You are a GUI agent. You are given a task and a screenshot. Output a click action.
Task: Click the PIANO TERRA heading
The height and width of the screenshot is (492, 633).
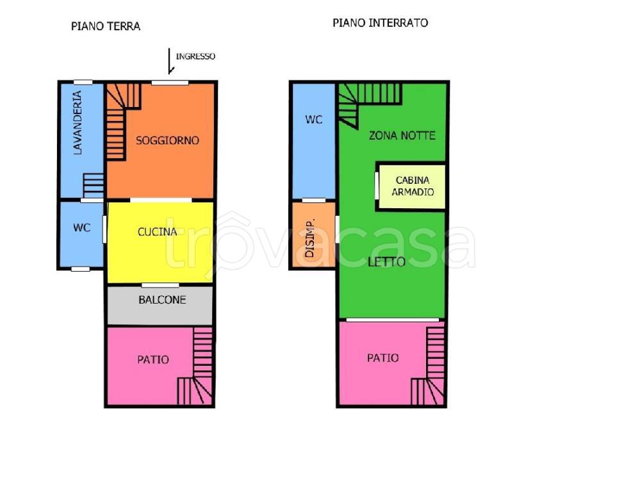(106, 26)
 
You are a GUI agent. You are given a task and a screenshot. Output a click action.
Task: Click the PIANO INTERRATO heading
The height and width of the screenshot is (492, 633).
(381, 23)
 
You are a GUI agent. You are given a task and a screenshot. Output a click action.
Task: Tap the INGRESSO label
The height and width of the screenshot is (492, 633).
(195, 56)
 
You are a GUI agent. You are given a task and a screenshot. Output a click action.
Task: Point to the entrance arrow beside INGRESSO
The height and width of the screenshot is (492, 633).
(170, 61)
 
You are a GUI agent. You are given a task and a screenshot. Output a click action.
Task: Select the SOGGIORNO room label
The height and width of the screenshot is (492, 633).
(167, 140)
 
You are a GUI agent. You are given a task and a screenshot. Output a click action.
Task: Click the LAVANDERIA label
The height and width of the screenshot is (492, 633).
(77, 123)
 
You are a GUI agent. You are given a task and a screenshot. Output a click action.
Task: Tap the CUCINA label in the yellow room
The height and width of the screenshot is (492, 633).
(158, 232)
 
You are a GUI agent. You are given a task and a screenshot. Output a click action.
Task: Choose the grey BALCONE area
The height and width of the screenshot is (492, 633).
(160, 305)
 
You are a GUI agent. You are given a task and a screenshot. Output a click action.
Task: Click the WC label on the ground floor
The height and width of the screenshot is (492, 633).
(81, 227)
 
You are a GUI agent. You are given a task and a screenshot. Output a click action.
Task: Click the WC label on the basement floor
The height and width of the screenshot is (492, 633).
(314, 119)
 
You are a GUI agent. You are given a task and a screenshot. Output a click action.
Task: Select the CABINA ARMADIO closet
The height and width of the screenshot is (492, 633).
(412, 186)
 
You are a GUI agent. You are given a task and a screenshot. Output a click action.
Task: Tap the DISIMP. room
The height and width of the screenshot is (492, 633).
(314, 234)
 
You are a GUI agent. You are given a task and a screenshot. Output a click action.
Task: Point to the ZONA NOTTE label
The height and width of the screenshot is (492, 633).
(402, 136)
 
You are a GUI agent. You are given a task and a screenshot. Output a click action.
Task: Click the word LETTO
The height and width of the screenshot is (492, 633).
(387, 262)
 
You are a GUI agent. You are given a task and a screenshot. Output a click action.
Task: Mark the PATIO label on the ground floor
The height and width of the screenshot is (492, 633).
(153, 359)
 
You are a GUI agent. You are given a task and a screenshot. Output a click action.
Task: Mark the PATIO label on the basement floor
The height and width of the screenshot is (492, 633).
(382, 358)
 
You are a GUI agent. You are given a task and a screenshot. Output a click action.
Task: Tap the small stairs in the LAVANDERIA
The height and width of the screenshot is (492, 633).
(94, 186)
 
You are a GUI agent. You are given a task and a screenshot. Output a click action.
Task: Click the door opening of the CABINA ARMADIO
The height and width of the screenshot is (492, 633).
(377, 186)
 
